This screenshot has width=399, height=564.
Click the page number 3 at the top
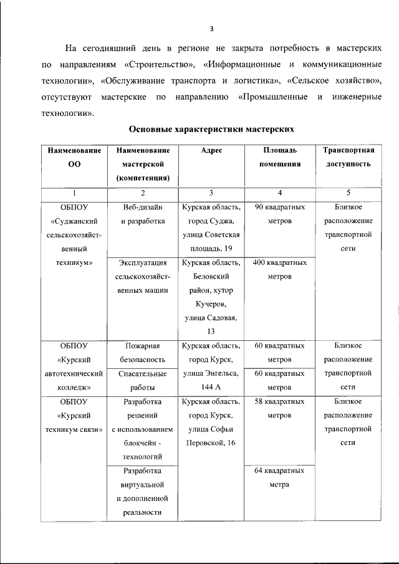(x=212, y=29)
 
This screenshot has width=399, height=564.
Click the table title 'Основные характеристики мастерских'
(x=211, y=129)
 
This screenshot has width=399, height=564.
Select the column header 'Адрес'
(x=211, y=151)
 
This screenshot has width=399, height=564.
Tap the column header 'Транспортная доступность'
(x=348, y=157)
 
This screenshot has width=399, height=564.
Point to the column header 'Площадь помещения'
(x=280, y=157)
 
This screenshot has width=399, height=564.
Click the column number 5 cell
(x=348, y=193)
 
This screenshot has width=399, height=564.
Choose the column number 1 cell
(x=75, y=193)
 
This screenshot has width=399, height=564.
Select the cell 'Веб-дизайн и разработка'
(x=143, y=214)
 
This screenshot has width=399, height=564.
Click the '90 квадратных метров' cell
(x=280, y=214)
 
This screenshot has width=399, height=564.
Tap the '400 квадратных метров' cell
(x=280, y=269)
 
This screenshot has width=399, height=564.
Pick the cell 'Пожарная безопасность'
(x=143, y=352)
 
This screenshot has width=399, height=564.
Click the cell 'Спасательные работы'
(x=143, y=380)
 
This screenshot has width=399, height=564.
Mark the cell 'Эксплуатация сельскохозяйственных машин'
(x=143, y=276)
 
